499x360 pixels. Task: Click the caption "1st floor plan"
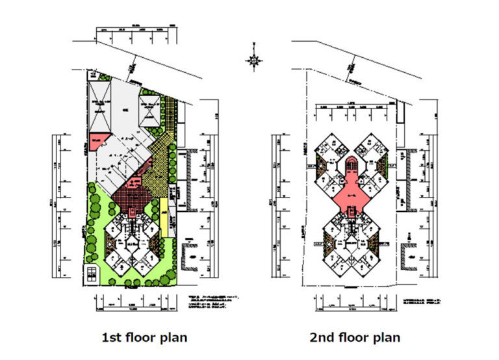[x=144, y=337]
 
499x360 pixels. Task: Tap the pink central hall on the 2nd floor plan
[x=352, y=194]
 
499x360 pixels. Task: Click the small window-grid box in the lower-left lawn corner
[x=92, y=274]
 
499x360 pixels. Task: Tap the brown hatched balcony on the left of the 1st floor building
[x=110, y=246]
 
